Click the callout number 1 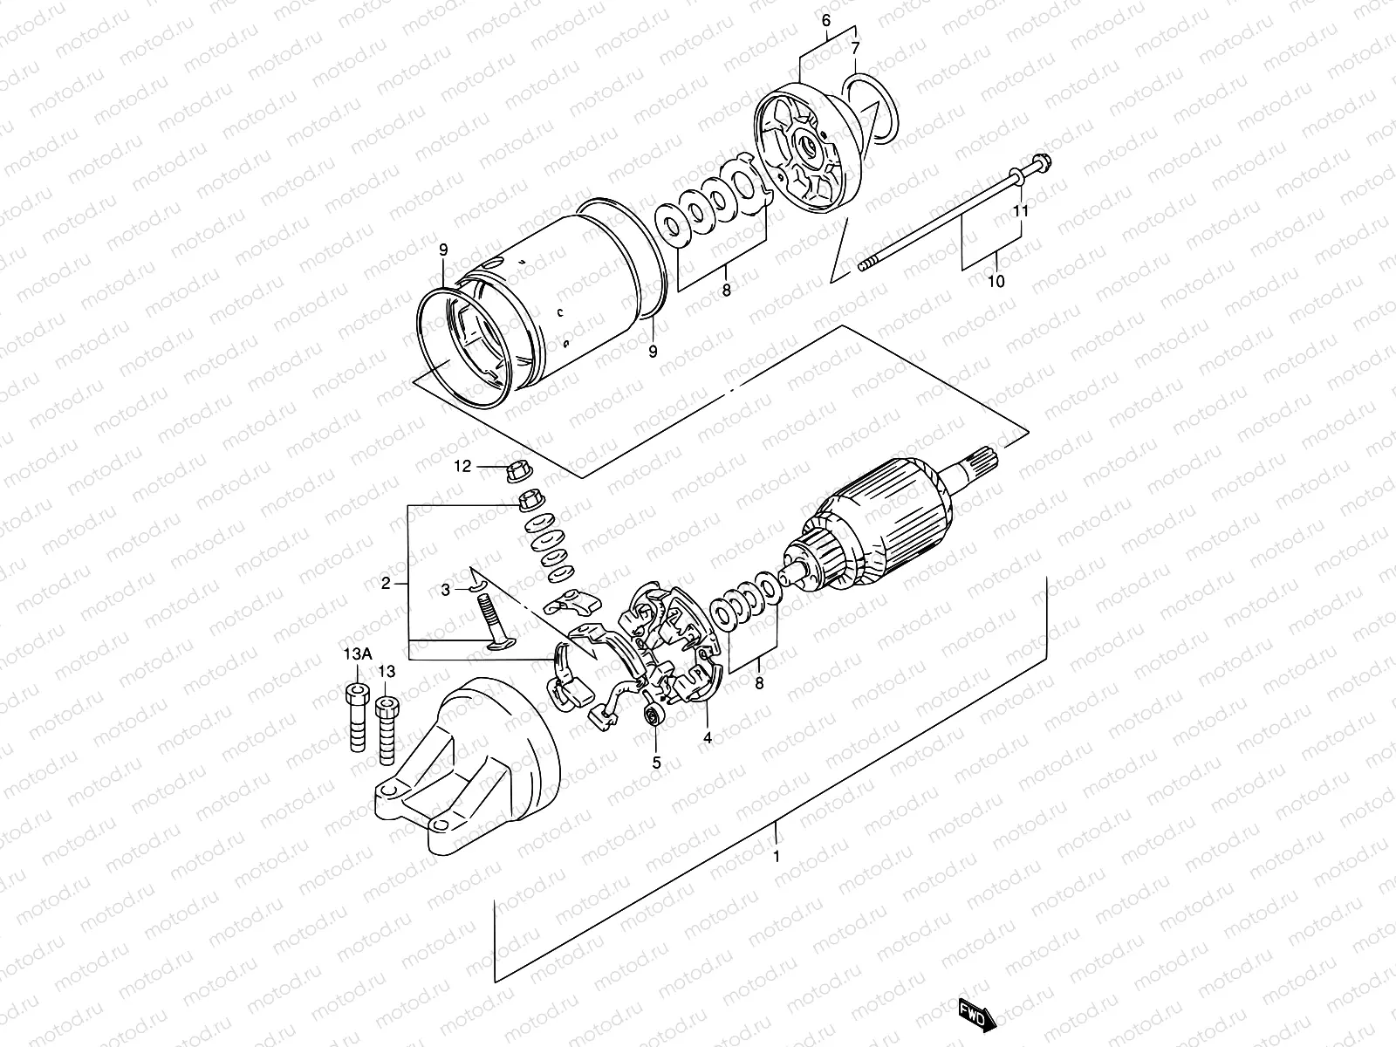tap(777, 856)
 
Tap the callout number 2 tap(385, 583)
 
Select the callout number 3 tap(445, 590)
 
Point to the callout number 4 tap(708, 737)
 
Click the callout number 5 tap(657, 762)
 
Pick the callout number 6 tap(826, 19)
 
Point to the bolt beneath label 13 tap(386, 725)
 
